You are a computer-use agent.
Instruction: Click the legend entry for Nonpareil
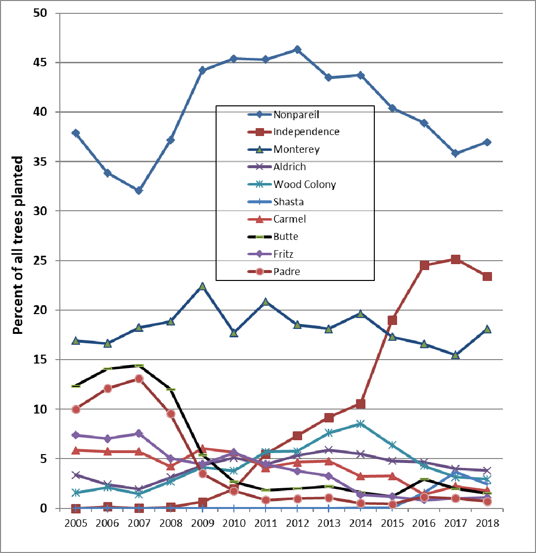tap(296, 115)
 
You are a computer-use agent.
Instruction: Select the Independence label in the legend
tap(306, 132)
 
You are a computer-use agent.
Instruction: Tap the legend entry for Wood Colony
tap(304, 184)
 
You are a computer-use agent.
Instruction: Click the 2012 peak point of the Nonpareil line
tap(297, 49)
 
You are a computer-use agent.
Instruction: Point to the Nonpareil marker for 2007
tap(139, 190)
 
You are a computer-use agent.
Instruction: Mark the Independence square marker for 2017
tap(456, 259)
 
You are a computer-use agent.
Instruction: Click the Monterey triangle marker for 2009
tap(202, 286)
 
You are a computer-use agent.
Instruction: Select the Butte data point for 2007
tap(139, 366)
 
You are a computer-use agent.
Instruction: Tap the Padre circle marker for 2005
tap(76, 409)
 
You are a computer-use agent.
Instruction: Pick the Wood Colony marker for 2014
tap(361, 424)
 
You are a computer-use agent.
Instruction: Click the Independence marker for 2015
tap(393, 320)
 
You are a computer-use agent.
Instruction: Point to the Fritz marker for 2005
tap(76, 435)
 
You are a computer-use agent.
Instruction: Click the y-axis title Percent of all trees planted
tap(18, 245)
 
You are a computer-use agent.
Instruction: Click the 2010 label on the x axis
tap(234, 523)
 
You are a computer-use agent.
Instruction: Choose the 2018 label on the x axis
tap(488, 523)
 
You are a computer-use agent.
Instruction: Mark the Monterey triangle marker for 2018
tap(488, 329)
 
